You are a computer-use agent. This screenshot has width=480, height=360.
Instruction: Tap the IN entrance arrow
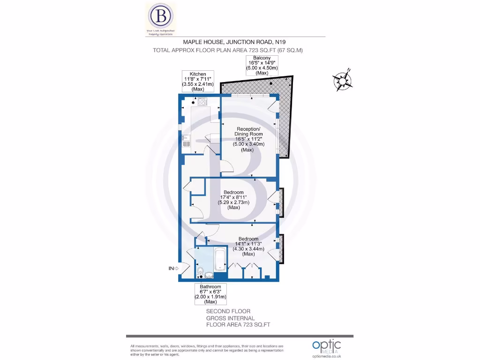[174, 268]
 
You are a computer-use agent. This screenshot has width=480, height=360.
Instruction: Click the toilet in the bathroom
[201, 272]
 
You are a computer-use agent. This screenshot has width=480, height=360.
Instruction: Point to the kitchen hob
[202, 101]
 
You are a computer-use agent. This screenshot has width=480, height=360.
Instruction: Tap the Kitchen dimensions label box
[197, 82]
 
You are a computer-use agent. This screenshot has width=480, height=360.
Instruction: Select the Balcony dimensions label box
[262, 65]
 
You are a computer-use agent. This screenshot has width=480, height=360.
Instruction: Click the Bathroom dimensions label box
[210, 294]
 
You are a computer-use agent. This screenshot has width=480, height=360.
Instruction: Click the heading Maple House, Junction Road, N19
[226, 42]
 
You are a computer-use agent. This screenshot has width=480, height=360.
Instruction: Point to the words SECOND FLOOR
[228, 311]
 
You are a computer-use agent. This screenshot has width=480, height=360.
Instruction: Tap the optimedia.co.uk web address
[326, 355]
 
